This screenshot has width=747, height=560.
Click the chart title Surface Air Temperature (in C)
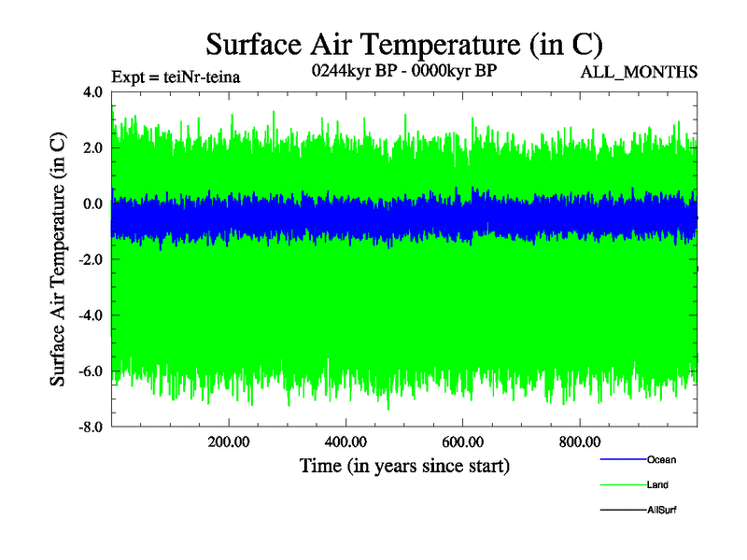click(403, 44)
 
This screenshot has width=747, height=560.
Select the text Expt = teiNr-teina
click(176, 77)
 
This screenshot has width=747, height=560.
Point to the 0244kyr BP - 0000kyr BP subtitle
click(403, 70)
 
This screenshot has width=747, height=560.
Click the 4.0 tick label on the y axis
click(92, 92)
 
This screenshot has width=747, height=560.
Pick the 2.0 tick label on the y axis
click(92, 147)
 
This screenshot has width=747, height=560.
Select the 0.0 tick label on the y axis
click(92, 203)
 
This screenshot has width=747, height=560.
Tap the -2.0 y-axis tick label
click(91, 259)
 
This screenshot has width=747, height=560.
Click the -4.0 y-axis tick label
click(91, 315)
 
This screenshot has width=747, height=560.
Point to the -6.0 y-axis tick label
click(91, 371)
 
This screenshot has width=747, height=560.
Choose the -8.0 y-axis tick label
click(91, 427)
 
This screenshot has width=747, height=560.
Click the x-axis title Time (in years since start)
click(404, 465)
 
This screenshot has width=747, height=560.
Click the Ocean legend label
click(661, 459)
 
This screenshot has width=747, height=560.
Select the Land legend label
click(657, 484)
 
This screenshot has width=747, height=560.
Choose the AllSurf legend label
click(662, 510)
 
